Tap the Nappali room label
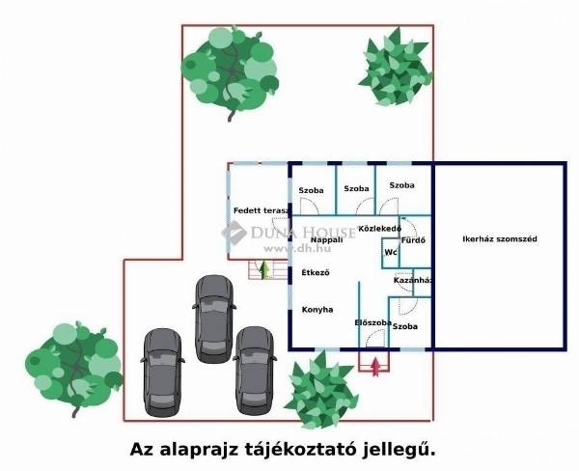pyautogui.click(x=314, y=239)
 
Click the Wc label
pyautogui.click(x=391, y=253)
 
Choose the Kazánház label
pyautogui.click(x=412, y=280)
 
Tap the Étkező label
pyautogui.click(x=316, y=273)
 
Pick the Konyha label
pyautogui.click(x=317, y=310)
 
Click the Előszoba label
pyautogui.click(x=373, y=322)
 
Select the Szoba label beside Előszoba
pyautogui.click(x=406, y=327)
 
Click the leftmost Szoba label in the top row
pyautogui.click(x=311, y=190)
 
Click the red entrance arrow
pyautogui.click(x=374, y=366)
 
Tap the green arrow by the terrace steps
pyautogui.click(x=263, y=268)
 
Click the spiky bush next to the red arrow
pyautogui.click(x=321, y=388)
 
